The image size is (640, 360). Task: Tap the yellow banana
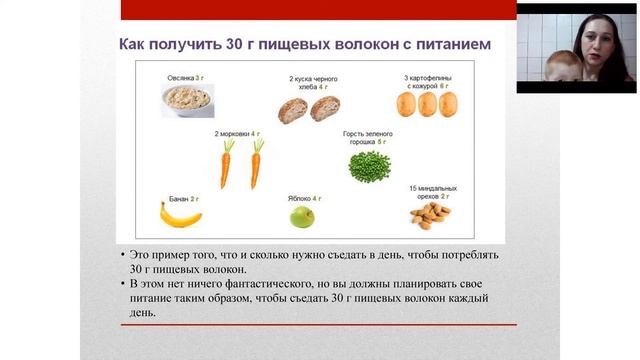click(x=181, y=214)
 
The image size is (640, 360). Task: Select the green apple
click(x=302, y=216)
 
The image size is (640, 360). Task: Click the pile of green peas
click(x=369, y=166)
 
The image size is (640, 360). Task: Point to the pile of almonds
click(x=431, y=213)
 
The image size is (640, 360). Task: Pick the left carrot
click(x=226, y=163)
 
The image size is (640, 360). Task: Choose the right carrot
click(x=255, y=163)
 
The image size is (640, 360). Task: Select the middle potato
click(x=427, y=104)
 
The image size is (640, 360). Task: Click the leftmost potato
click(x=406, y=104)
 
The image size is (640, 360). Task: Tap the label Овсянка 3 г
click(x=186, y=77)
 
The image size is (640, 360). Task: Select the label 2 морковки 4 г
click(x=237, y=133)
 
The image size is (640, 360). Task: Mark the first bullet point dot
click(x=122, y=256)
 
